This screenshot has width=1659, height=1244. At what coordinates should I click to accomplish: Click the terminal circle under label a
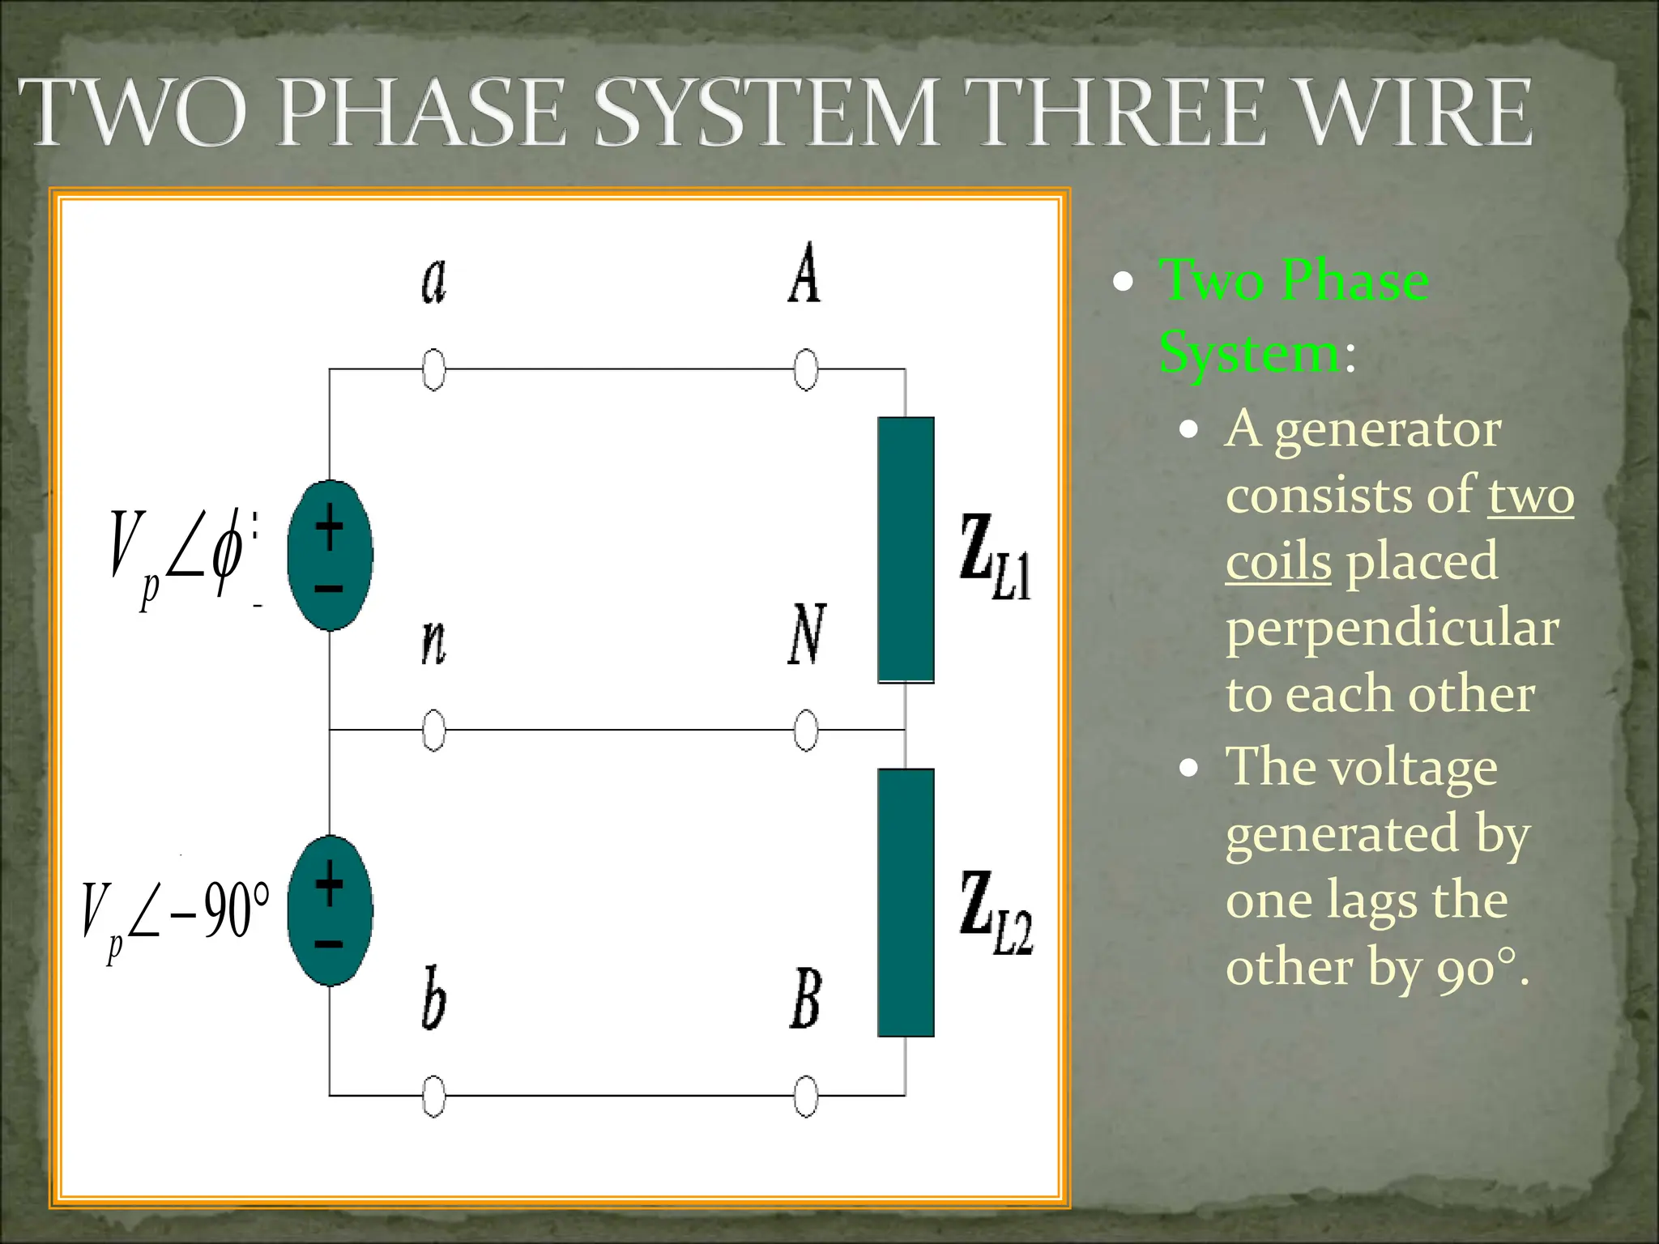434,370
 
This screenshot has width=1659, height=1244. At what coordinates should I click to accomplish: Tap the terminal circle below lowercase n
434,731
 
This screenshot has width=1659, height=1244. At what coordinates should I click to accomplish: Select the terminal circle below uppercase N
805,731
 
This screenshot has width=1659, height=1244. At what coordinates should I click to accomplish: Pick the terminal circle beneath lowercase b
434,1097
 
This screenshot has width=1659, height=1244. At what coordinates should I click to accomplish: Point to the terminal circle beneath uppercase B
805,1097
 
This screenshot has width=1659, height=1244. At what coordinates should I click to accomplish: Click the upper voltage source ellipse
331,556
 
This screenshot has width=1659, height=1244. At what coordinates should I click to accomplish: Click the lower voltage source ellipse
331,910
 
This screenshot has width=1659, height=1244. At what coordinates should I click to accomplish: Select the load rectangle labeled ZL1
906,550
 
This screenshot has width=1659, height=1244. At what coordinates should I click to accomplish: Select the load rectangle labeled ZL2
906,902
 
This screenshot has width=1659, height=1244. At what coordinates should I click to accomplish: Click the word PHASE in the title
421,113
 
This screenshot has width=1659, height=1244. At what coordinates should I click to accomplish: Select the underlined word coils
1277,562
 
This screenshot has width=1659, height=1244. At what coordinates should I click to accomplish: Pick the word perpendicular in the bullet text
1392,628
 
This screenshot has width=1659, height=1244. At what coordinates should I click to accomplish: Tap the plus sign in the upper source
329,527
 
